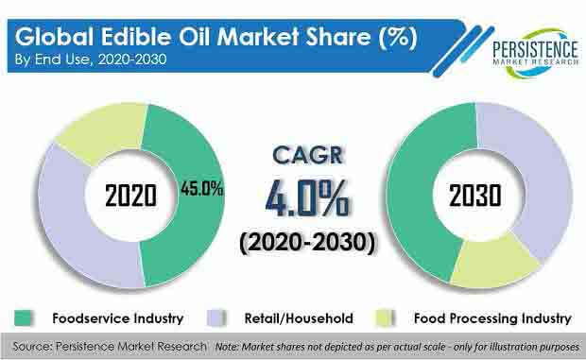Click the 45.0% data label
[202, 189]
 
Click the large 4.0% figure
[307, 199]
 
